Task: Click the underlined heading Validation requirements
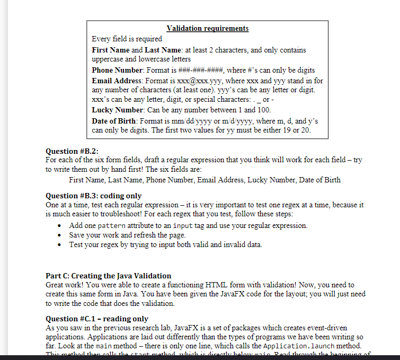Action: (x=207, y=29)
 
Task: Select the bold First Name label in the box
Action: (x=110, y=50)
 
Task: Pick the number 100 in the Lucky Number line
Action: (x=263, y=110)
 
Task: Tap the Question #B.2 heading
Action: (x=72, y=151)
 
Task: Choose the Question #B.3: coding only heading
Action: (x=94, y=196)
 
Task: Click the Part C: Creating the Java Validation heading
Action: (x=108, y=276)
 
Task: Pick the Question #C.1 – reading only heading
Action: (x=97, y=319)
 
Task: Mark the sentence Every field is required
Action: (x=127, y=39)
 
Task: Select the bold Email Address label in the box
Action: (x=117, y=81)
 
